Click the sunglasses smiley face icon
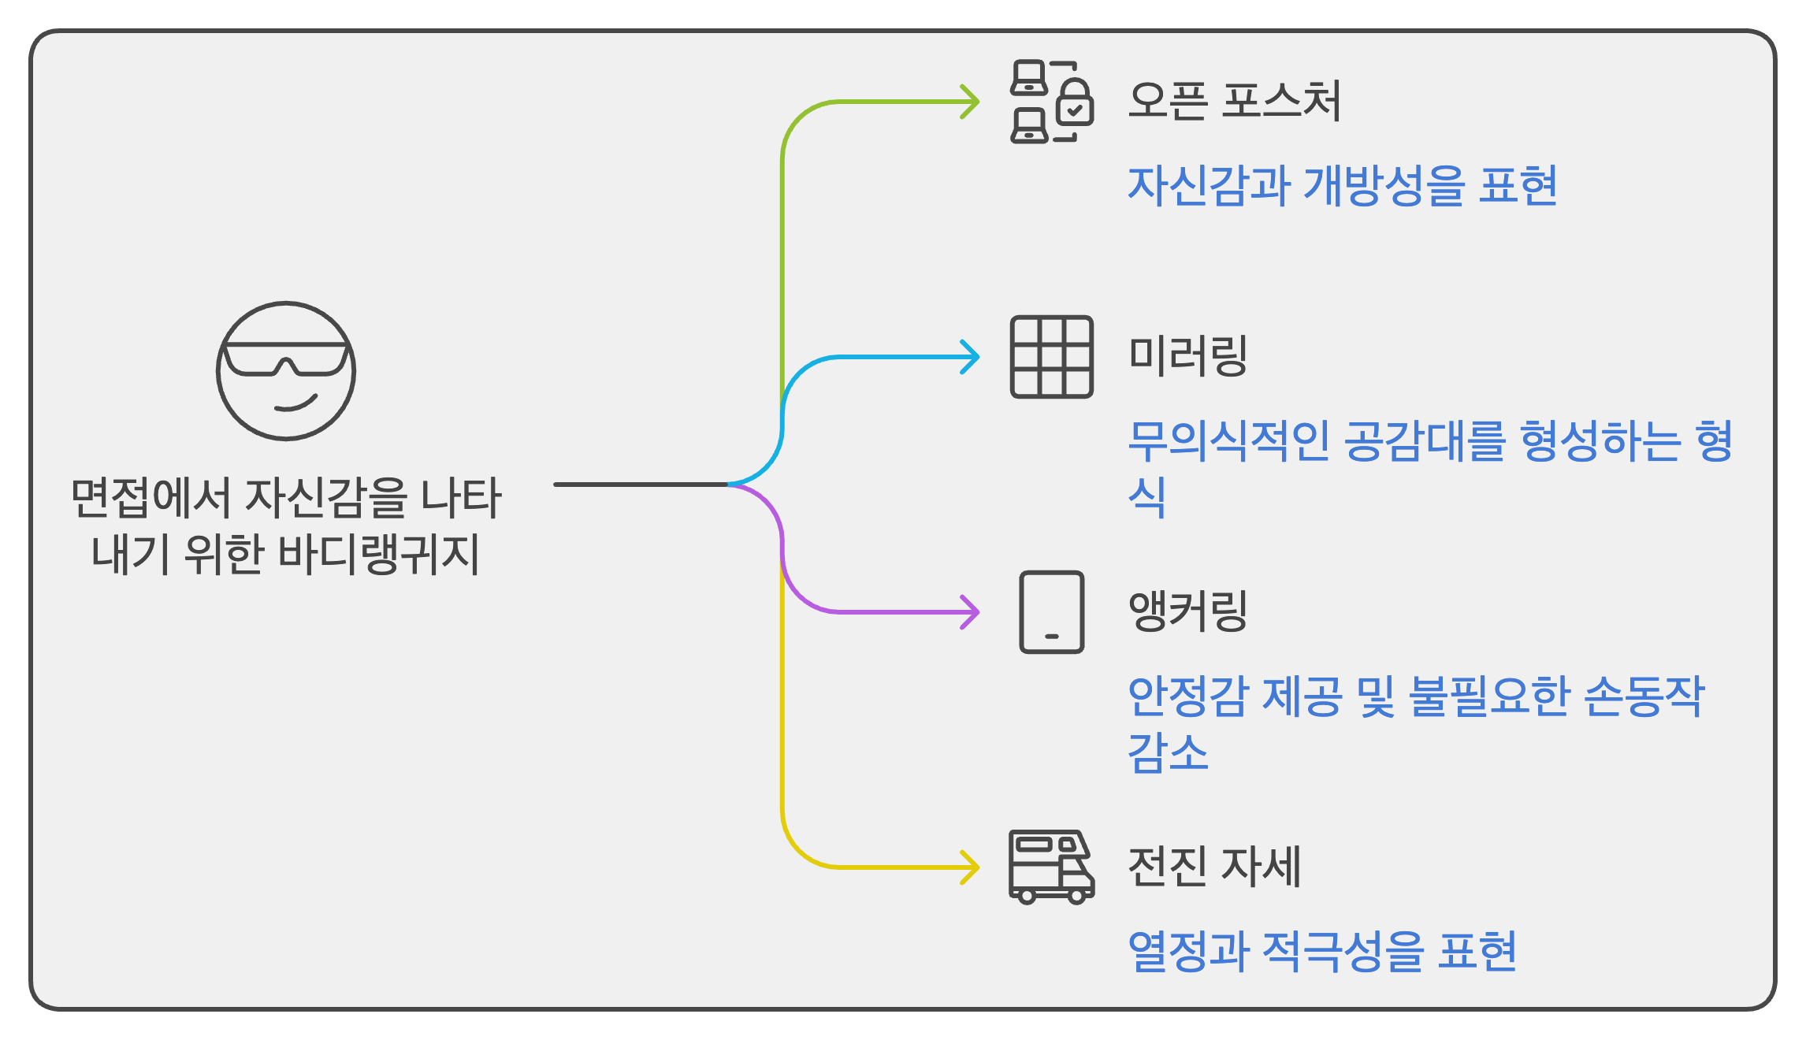pos(286,370)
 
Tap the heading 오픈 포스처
pos(1234,102)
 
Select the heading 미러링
pos(1188,356)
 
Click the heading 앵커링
pos(1188,611)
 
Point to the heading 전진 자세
pos(1214,867)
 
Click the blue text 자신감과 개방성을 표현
pos(1342,187)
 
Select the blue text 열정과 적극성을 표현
pos(1321,952)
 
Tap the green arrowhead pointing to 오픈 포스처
pos(971,102)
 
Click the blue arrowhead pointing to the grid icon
pos(971,357)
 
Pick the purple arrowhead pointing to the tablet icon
pos(971,612)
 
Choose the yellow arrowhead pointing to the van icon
pos(971,867)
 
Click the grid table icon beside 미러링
pos(1052,357)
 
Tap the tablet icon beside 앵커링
pos(1052,612)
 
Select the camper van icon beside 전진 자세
pos(1052,867)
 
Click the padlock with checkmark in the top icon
pos(1074,105)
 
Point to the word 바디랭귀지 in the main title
pos(378,554)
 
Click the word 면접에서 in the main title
pos(150,498)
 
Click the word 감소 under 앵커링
pos(1168,753)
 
